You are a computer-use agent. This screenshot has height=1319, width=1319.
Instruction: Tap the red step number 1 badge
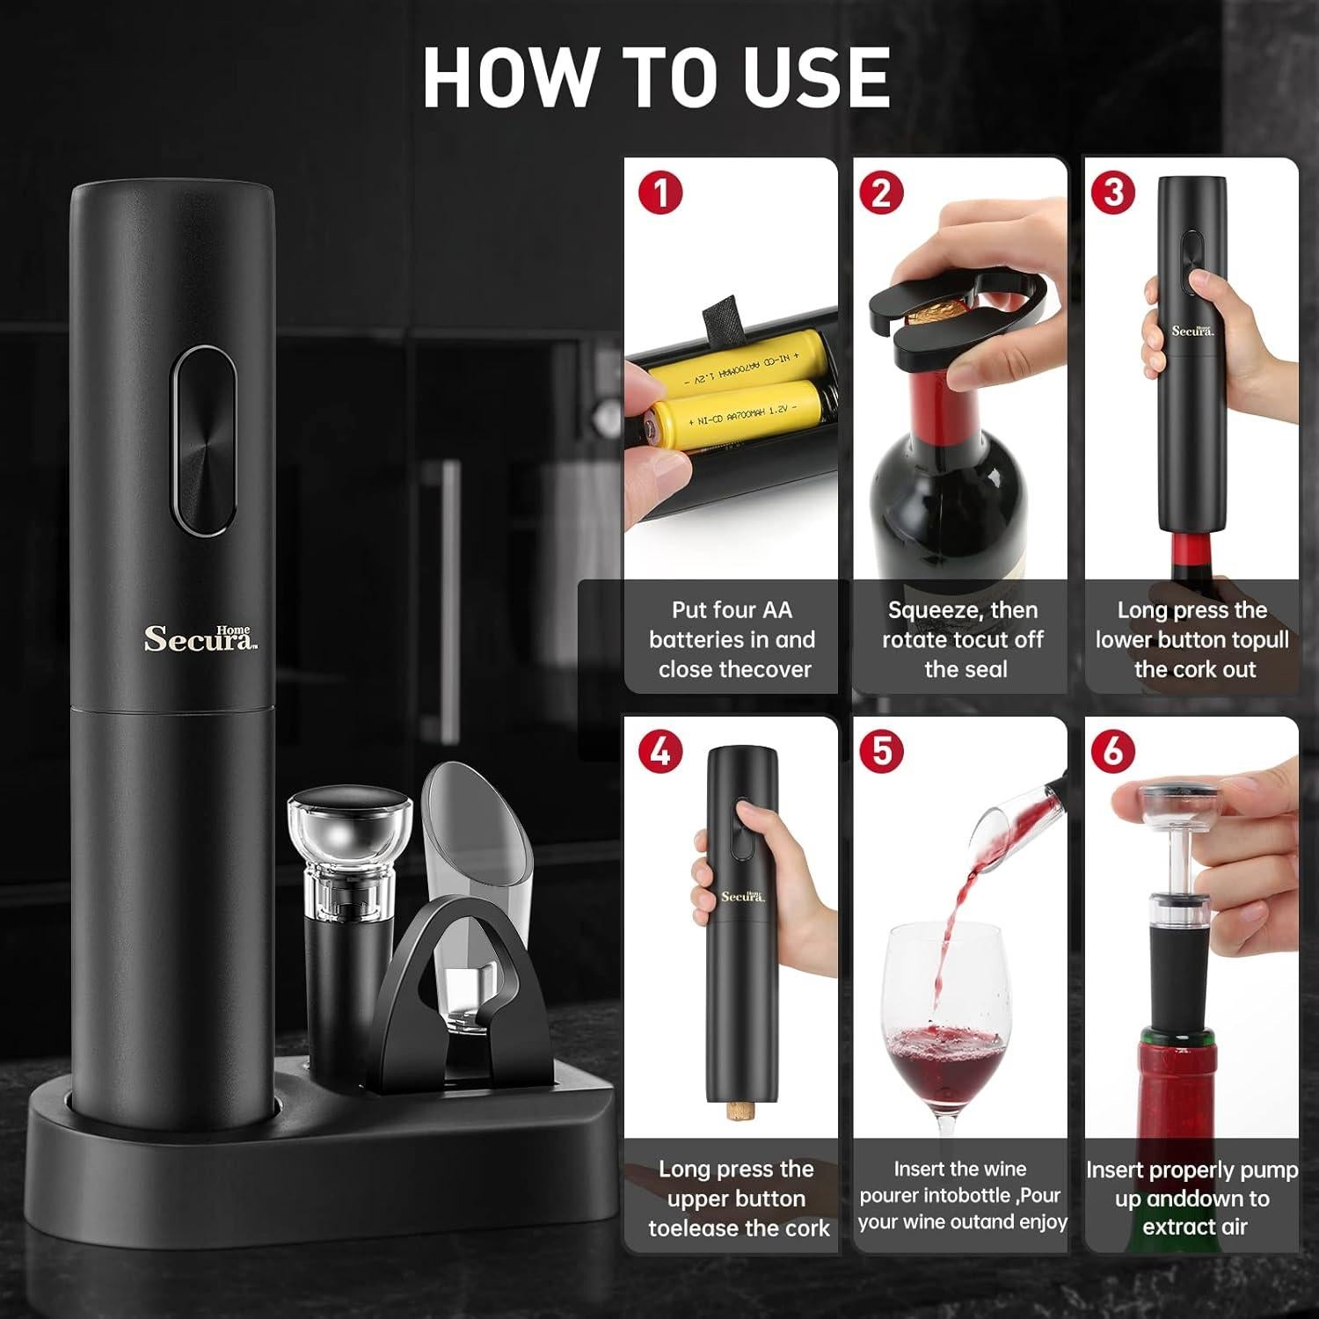click(660, 193)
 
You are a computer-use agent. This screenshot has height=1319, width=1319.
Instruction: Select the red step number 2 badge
click(881, 193)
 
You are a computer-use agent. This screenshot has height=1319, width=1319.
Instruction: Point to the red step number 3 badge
click(1112, 193)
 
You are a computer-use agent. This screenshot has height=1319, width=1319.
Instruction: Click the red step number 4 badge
click(660, 752)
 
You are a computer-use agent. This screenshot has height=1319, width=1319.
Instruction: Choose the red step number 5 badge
click(881, 752)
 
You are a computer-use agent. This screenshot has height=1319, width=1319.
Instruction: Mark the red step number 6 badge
click(1112, 752)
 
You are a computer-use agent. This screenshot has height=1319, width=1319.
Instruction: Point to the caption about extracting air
click(1191, 1198)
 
